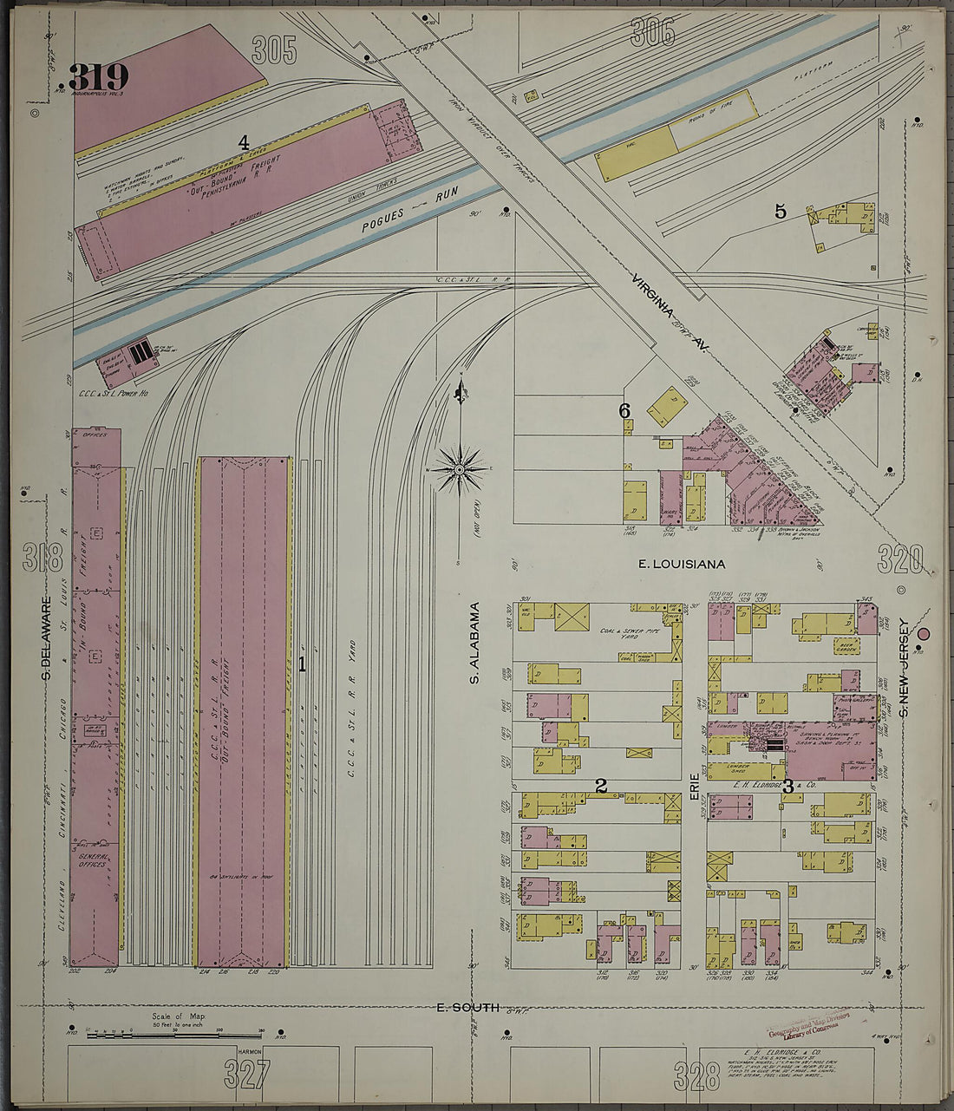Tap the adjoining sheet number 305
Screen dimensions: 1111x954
274,50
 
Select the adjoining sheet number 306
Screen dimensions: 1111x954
652,33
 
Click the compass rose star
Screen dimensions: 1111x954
461,469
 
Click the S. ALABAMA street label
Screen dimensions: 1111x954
475,643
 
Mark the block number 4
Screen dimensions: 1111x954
244,141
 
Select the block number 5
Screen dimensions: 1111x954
780,211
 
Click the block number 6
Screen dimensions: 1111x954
624,411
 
